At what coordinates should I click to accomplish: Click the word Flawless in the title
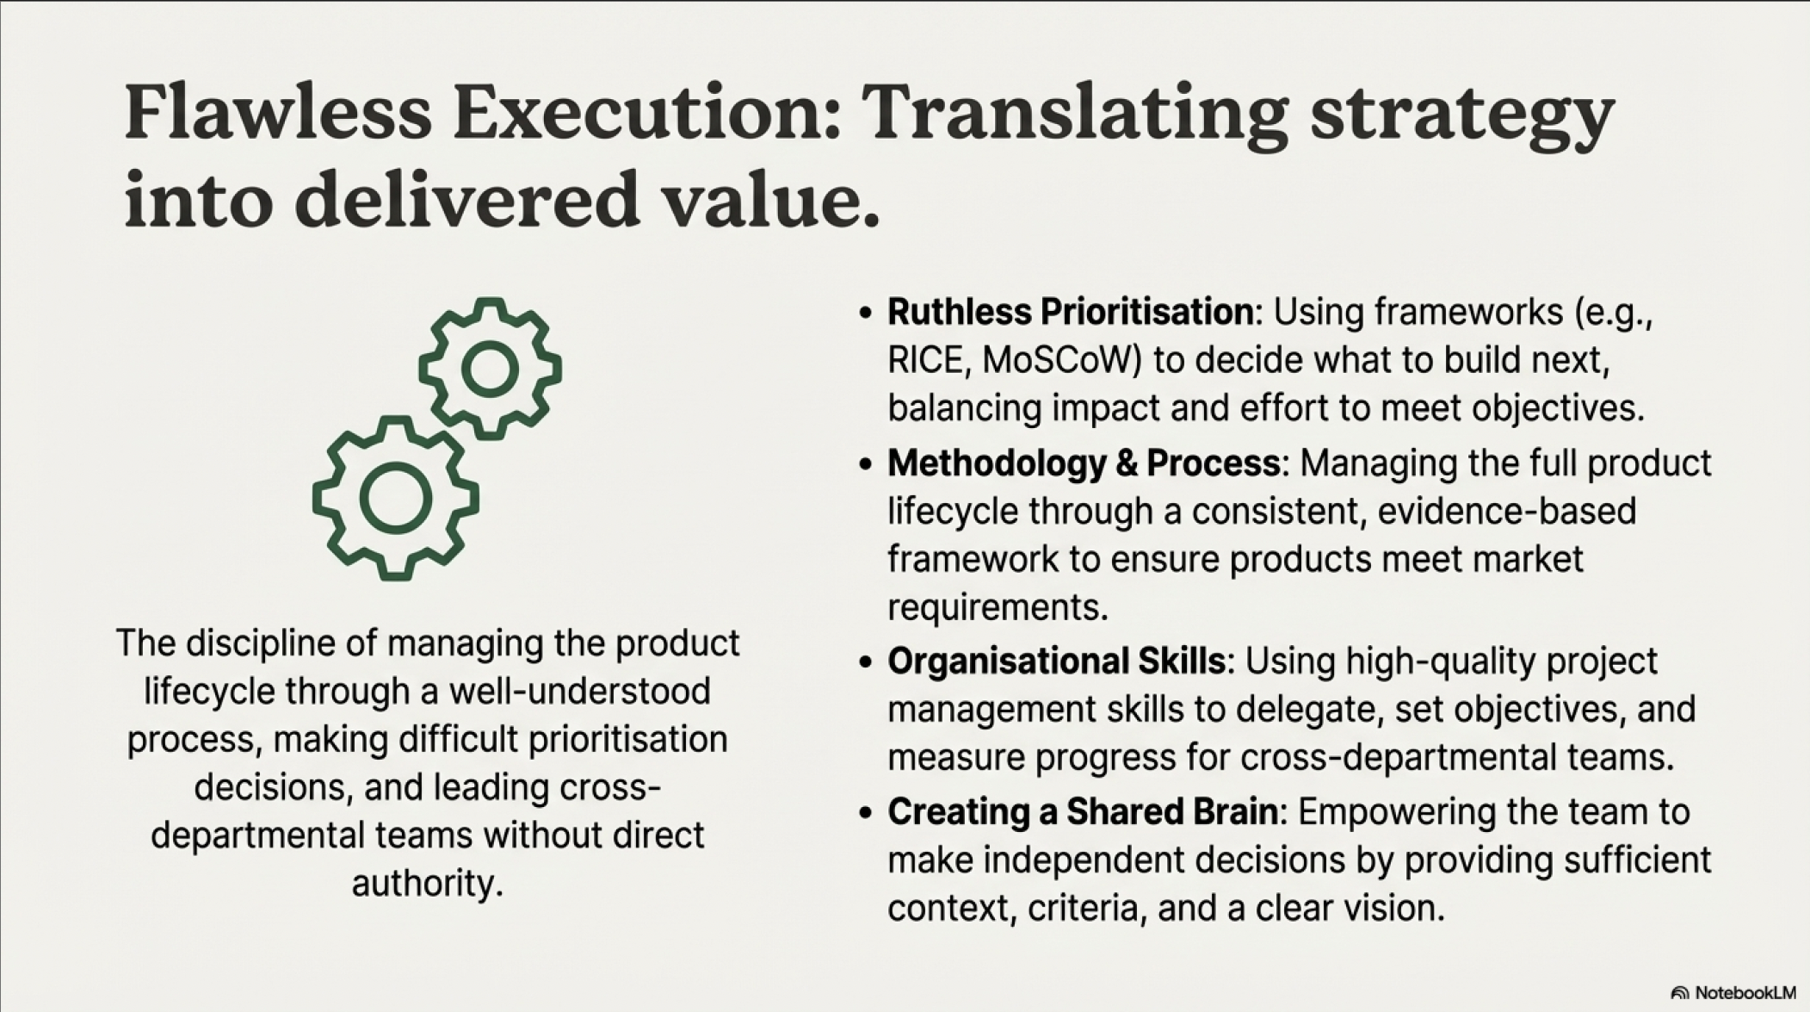click(x=278, y=112)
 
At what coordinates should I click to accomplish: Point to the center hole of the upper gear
click(x=490, y=369)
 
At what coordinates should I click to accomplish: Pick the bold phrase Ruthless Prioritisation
click(x=1071, y=312)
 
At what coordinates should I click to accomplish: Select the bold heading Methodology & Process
click(x=1084, y=463)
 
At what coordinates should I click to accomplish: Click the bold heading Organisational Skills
click(x=1056, y=661)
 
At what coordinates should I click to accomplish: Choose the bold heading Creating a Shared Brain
click(x=1083, y=812)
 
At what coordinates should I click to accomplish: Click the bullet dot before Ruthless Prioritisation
click(x=865, y=313)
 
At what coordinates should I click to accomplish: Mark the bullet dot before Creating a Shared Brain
click(x=865, y=813)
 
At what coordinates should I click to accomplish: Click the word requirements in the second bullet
click(x=997, y=608)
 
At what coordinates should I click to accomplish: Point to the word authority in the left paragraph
click(x=427, y=884)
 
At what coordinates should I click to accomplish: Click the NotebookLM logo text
click(x=1745, y=993)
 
